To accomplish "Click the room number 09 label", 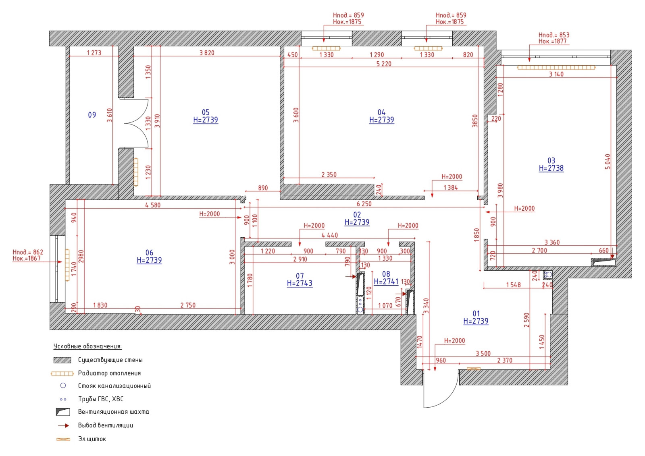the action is click(x=92, y=115).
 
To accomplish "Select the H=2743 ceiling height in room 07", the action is click(x=300, y=284).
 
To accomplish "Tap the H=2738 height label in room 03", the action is click(x=551, y=168).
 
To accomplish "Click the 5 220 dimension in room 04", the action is click(x=384, y=64).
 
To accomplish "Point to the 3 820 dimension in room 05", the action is click(x=207, y=53).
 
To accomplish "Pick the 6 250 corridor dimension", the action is click(x=364, y=204).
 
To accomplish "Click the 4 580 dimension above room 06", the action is click(x=153, y=205).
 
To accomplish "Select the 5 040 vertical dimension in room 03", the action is click(x=608, y=162).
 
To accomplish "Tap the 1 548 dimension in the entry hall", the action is click(x=514, y=285).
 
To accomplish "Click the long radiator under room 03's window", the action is click(x=556, y=68).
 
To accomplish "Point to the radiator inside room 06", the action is click(x=67, y=265).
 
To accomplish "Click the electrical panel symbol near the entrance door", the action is click(x=473, y=369).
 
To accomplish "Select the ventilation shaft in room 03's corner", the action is click(x=603, y=262).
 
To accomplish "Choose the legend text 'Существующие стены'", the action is click(x=110, y=360).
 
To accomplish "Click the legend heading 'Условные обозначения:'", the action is click(x=88, y=346).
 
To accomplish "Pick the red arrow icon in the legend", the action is click(x=63, y=425).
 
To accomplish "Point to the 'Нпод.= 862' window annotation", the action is click(x=28, y=252).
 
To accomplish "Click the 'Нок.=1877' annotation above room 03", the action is click(x=553, y=41).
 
